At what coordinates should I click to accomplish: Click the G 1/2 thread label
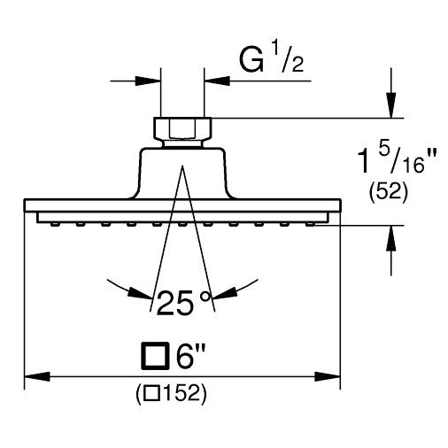pyautogui.click(x=271, y=60)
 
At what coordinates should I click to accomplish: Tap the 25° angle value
pyautogui.click(x=184, y=303)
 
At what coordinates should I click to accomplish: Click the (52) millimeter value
pyautogui.click(x=389, y=192)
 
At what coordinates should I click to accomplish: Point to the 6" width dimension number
pyautogui.click(x=189, y=356)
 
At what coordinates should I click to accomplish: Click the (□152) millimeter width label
pyautogui.click(x=171, y=394)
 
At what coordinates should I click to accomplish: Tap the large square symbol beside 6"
pyautogui.click(x=156, y=356)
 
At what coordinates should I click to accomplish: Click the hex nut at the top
pyautogui.click(x=182, y=128)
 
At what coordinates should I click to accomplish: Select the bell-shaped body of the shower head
pyautogui.click(x=182, y=174)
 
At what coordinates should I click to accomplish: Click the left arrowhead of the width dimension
pyautogui.click(x=37, y=376)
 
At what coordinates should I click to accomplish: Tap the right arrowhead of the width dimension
pyautogui.click(x=328, y=376)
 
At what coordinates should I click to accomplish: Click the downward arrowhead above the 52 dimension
pyautogui.click(x=391, y=105)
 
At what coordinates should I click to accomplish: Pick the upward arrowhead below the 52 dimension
pyautogui.click(x=391, y=238)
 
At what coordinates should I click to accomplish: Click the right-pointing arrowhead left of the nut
pyautogui.click(x=148, y=81)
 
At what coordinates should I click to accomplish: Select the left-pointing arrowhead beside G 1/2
pyautogui.click(x=217, y=81)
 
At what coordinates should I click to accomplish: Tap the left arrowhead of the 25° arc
pyautogui.click(x=140, y=293)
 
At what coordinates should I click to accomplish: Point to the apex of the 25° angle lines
pyautogui.click(x=182, y=166)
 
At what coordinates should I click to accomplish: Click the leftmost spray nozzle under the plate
pyautogui.click(x=54, y=224)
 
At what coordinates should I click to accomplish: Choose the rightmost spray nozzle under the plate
pyautogui.click(x=309, y=224)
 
